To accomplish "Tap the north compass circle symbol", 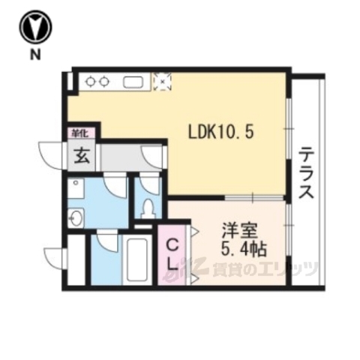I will point(35,27).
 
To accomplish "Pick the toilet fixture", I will point(148,205).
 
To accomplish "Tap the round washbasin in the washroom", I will point(76,218).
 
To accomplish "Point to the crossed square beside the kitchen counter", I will point(160,80).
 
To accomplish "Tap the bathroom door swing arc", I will point(108,241).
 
